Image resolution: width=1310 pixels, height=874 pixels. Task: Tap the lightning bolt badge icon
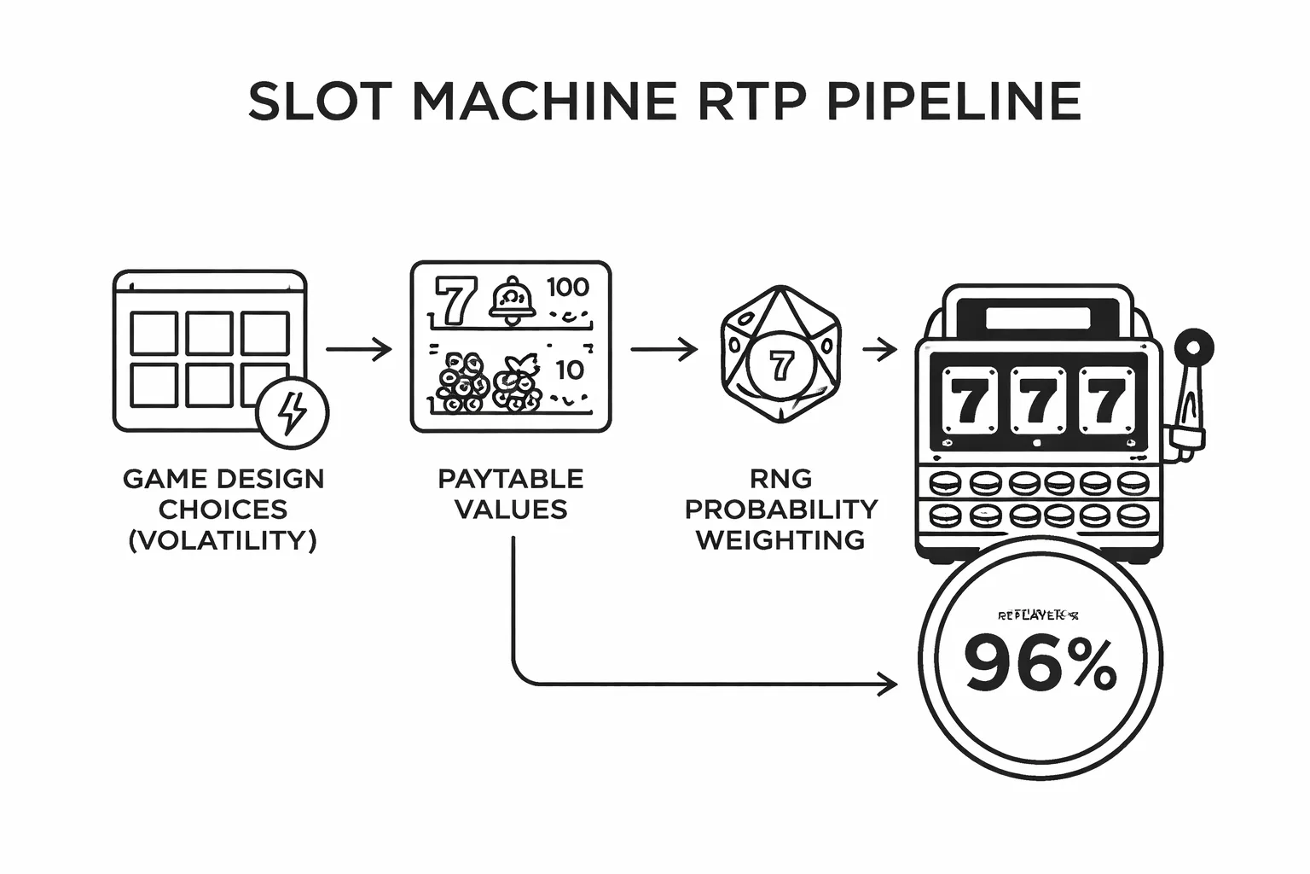(x=293, y=412)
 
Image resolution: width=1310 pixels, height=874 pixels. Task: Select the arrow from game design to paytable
(x=358, y=349)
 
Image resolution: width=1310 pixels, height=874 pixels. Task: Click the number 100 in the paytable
(x=567, y=288)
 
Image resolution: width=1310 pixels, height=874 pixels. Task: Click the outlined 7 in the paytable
(x=451, y=300)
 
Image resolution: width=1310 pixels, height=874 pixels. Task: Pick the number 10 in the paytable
(x=569, y=370)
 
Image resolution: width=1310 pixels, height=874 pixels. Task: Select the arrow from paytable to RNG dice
(x=664, y=349)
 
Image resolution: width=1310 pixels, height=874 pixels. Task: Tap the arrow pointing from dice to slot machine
(x=879, y=349)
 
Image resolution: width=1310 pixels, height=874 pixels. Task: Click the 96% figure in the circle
(x=1040, y=664)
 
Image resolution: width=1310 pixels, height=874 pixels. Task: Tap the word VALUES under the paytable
(x=511, y=510)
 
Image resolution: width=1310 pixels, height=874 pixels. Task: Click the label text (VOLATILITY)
(x=223, y=540)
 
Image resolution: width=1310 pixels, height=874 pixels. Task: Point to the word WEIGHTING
(x=780, y=540)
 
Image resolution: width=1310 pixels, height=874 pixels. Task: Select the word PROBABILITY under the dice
(x=780, y=510)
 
